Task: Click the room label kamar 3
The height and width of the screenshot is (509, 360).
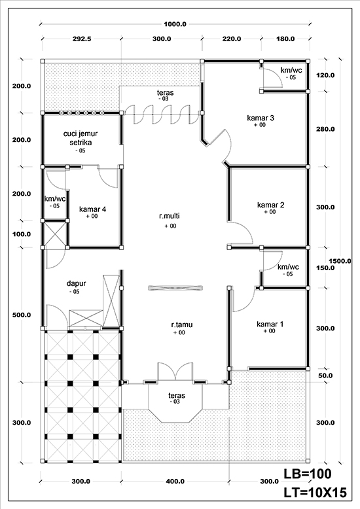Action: [x=260, y=118]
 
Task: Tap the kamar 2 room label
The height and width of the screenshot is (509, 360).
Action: [x=270, y=205]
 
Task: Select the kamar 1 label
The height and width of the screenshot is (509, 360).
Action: [x=270, y=325]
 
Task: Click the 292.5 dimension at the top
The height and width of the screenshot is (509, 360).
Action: [x=82, y=39]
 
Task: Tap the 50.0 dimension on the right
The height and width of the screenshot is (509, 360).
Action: [x=325, y=376]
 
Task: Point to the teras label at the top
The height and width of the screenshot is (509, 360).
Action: [x=166, y=93]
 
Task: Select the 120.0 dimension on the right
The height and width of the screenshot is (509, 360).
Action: [x=325, y=75]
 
